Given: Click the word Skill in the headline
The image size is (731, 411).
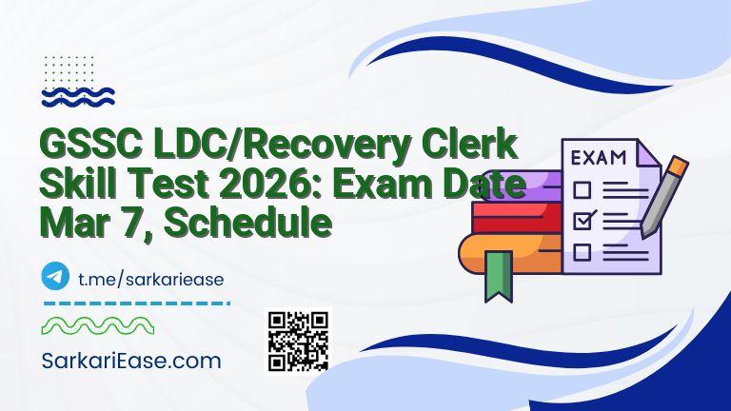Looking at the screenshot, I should tap(75, 186).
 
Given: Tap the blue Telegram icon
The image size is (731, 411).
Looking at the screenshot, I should tap(56, 277).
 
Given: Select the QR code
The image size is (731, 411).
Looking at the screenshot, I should tap(298, 341).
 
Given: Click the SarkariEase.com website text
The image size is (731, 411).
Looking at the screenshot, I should tap(132, 361).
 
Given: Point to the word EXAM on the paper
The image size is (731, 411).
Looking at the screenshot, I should tap(597, 156).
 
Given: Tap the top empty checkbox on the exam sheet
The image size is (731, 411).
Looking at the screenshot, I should tap(582, 188).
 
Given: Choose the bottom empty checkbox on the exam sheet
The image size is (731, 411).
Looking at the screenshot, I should tap(582, 252).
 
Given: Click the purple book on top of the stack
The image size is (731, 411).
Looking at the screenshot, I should tap(514, 186).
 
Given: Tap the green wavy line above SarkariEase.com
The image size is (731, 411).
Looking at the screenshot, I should tap(97, 326).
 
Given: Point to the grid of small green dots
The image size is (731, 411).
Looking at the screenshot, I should tap(68, 69).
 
